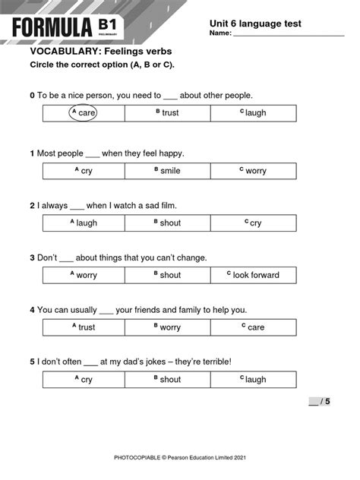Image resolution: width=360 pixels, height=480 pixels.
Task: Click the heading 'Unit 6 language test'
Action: click(x=255, y=24)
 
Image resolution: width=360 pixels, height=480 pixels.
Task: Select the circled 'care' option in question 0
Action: click(x=84, y=113)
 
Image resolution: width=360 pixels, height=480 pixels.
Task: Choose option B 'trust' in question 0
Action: click(x=167, y=113)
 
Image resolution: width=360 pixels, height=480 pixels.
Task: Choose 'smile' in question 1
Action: click(x=167, y=171)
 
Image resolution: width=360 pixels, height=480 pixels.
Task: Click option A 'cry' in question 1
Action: click(x=84, y=171)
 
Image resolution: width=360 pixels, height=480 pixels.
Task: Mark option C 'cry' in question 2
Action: click(x=253, y=223)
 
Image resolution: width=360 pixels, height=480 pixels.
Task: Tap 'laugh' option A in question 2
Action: click(x=84, y=223)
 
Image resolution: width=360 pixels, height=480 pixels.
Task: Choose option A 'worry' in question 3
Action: click(x=84, y=275)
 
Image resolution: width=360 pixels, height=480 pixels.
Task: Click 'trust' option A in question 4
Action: click(x=84, y=327)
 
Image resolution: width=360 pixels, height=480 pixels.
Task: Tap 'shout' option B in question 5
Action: click(x=167, y=379)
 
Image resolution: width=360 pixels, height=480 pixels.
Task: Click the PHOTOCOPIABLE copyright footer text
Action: click(x=180, y=457)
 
